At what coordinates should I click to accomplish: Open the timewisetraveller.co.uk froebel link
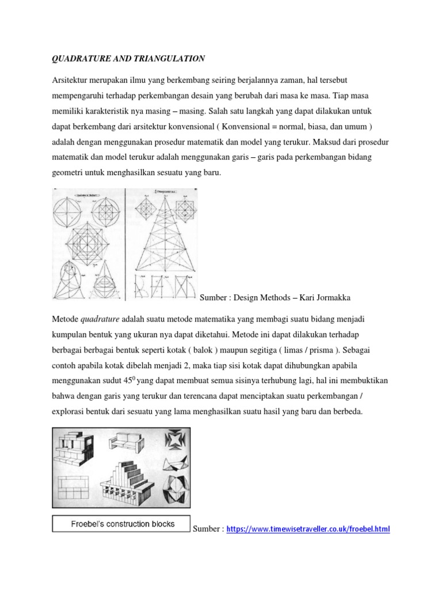click(x=308, y=528)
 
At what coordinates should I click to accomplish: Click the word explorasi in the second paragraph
click(x=70, y=412)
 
